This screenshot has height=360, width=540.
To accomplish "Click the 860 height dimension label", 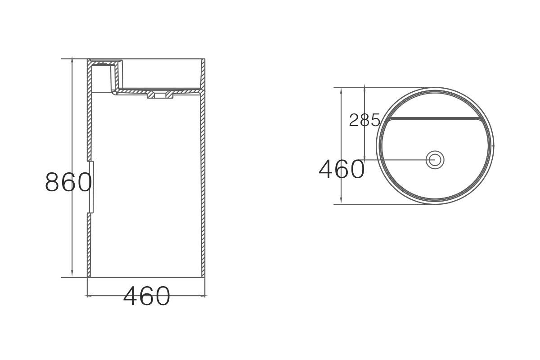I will pos(68,182).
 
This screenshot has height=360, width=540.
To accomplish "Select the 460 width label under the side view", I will pos(147,296).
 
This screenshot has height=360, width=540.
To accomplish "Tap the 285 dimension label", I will pos(365,120).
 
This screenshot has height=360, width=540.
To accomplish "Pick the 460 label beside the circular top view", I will pos(342,169).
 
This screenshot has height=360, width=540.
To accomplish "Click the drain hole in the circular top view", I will pos(435,159).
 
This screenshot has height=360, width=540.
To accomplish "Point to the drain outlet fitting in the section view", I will pos(160,95).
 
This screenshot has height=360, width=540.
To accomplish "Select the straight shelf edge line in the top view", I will pos(435,118).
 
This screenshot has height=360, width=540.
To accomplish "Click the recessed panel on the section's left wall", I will pos(91,186).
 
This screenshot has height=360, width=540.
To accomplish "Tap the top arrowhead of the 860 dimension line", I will pos(72,61).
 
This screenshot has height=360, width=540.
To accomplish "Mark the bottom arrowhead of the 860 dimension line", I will pos(72,275).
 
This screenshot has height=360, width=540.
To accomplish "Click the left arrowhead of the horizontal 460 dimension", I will pos(89,296).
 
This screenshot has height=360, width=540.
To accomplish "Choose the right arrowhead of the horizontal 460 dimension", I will pos(203,296).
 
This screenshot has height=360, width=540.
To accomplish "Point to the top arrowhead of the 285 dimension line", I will pos(365,90).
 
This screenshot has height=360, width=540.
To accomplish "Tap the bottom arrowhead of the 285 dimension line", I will pos(365,157).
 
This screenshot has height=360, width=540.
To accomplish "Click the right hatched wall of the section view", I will pos(203,180).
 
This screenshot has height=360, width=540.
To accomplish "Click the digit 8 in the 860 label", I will pos(53,182).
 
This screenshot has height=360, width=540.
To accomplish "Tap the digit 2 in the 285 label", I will pos(355,120).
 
